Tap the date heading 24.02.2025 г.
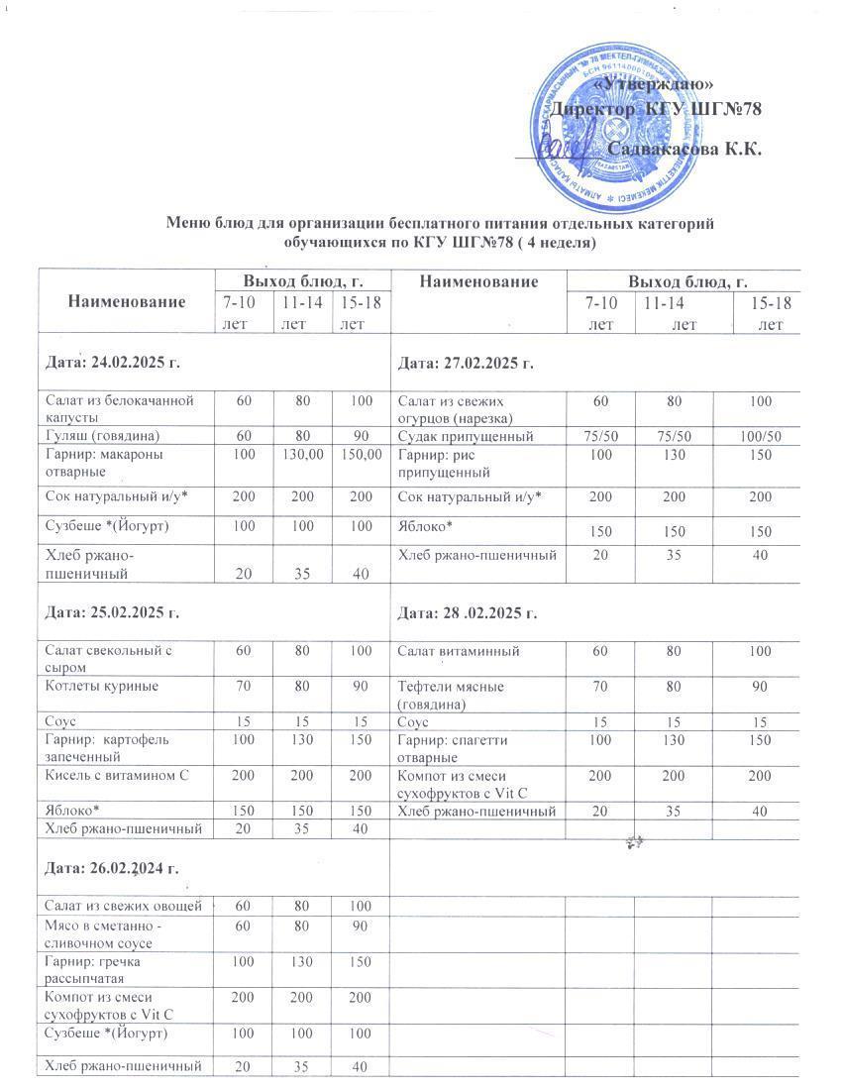[113, 364]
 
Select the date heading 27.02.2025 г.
[466, 364]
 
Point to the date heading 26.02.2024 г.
[112, 869]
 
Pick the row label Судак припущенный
[466, 436]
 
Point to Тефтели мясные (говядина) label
[451, 695]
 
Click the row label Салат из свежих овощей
[124, 906]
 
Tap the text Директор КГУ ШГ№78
[655, 108]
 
